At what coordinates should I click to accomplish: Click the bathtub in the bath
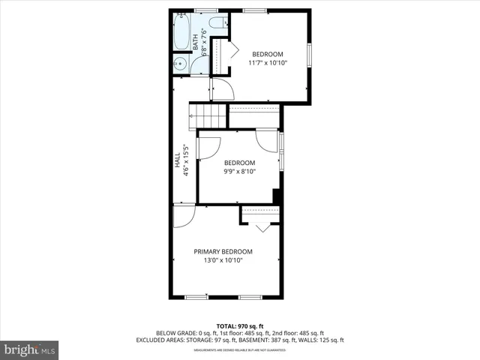coord(182,34)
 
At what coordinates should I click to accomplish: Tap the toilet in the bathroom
coord(217,22)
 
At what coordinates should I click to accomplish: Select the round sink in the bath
coord(181,64)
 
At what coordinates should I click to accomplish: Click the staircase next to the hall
coord(208,116)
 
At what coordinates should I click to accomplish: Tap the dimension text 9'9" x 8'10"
coord(239,172)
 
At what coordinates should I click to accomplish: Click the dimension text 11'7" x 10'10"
coord(268,64)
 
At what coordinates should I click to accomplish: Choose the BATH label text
coord(195,41)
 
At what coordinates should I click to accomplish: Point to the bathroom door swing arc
coord(223,90)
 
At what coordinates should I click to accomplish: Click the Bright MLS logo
coord(30,349)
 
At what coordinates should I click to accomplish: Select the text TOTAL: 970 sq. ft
coord(240,325)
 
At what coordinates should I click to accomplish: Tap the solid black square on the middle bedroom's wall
coord(277,196)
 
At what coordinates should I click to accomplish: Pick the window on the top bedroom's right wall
coord(309,56)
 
